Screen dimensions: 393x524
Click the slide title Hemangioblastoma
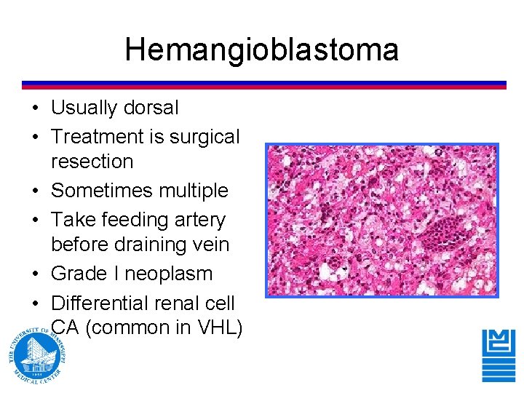[261, 50]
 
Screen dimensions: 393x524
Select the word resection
[92, 162]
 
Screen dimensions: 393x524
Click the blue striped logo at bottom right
[499, 355]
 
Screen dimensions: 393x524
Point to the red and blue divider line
[263, 84]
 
